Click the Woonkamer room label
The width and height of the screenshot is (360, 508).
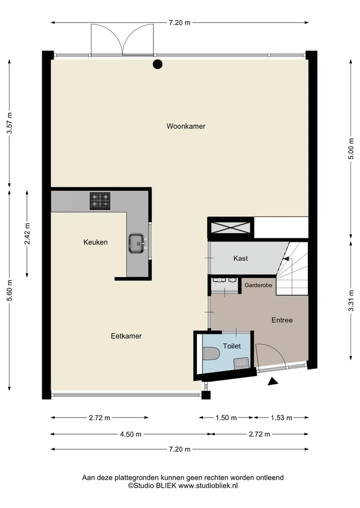click(x=186, y=126)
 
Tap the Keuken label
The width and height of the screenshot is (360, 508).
click(x=95, y=242)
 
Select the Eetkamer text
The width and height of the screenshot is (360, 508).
click(x=126, y=336)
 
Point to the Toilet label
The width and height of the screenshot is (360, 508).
click(x=232, y=346)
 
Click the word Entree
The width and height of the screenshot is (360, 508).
click(x=282, y=320)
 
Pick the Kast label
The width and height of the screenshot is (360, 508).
click(x=240, y=258)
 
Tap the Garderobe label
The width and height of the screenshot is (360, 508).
click(x=258, y=285)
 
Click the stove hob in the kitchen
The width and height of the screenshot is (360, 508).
click(x=100, y=201)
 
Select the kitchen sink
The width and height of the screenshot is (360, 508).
click(x=137, y=243)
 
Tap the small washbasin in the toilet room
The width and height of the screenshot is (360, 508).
click(x=241, y=363)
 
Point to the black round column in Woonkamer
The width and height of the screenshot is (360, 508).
click(x=157, y=64)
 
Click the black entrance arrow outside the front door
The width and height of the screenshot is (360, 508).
click(x=273, y=382)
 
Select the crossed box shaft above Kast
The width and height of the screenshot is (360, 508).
click(x=230, y=227)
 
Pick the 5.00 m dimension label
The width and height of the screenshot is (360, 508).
click(x=350, y=149)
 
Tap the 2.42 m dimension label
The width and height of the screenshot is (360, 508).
click(x=27, y=234)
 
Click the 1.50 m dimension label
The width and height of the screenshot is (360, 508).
click(x=226, y=418)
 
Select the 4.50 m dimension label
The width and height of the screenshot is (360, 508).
click(x=130, y=434)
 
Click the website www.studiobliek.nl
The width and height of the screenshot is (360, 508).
click(x=208, y=486)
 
